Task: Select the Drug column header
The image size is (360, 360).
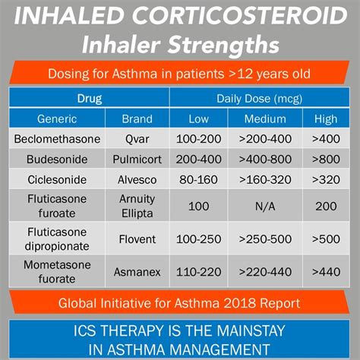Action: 89,99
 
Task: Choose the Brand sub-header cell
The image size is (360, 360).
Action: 137,119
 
